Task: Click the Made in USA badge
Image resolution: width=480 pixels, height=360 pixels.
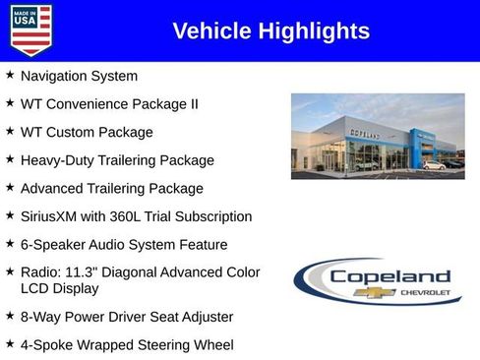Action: click(x=30, y=30)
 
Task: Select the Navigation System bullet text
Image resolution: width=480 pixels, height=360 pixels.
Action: click(x=79, y=76)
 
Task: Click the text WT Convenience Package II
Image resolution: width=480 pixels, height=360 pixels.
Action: click(x=109, y=103)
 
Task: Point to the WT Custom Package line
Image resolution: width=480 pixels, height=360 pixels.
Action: click(x=87, y=132)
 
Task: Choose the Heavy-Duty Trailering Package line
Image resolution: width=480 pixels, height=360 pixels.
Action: click(x=116, y=159)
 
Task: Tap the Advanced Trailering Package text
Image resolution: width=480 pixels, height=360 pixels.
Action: click(x=111, y=188)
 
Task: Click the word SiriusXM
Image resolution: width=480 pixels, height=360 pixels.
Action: click(x=51, y=216)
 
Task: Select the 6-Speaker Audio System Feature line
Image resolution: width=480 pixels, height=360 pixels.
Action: click(x=123, y=244)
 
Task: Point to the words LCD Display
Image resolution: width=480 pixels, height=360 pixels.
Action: click(x=59, y=289)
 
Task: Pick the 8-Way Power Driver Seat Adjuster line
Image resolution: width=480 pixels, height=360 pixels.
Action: click(x=126, y=317)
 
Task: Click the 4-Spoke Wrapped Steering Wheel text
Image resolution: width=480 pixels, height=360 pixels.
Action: click(x=126, y=345)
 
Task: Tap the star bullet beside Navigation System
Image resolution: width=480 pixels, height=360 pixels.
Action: click(x=10, y=75)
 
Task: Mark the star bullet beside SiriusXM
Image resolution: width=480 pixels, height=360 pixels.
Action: click(x=10, y=215)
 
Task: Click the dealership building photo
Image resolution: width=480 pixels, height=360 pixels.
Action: click(x=364, y=136)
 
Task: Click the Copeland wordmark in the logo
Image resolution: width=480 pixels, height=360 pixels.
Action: click(x=390, y=277)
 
